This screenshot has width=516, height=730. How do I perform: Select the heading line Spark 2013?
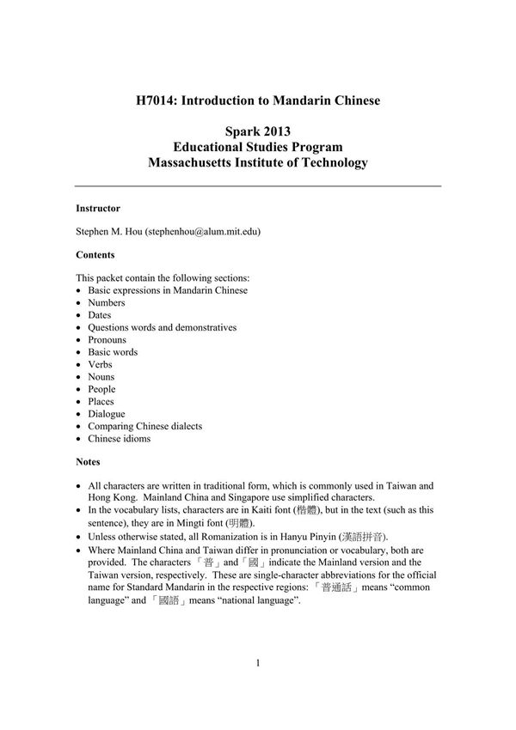pyautogui.click(x=258, y=131)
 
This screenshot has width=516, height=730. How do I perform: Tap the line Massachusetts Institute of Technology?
pyautogui.click(x=258, y=162)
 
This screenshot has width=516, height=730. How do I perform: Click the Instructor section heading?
pyautogui.click(x=98, y=209)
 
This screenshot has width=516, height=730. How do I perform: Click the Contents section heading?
pyautogui.click(x=95, y=255)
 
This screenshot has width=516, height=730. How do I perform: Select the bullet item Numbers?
pyautogui.click(x=106, y=302)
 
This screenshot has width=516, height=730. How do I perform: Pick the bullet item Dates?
pyautogui.click(x=100, y=315)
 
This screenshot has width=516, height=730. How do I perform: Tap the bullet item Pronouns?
pyautogui.click(x=107, y=339)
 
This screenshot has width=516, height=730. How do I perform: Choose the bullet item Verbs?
pyautogui.click(x=101, y=364)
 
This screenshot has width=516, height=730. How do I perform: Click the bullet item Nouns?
pyautogui.click(x=101, y=376)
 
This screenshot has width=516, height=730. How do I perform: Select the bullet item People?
pyautogui.click(x=101, y=389)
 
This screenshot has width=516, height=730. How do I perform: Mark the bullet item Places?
pyautogui.click(x=101, y=401)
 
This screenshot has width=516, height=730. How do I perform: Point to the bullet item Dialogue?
pyautogui.click(x=106, y=414)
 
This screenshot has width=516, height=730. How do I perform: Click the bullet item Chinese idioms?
pyautogui.click(x=119, y=438)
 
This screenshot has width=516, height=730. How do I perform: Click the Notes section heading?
pyautogui.click(x=88, y=462)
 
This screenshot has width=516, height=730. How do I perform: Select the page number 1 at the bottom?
pyautogui.click(x=258, y=662)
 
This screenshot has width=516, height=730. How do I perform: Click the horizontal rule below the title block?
pyautogui.click(x=258, y=186)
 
